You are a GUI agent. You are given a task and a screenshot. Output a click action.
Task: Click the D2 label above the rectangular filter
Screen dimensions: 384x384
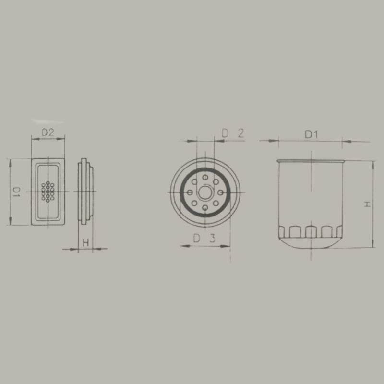(48, 132)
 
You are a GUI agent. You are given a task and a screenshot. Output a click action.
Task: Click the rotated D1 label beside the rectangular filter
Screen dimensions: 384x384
(16, 192)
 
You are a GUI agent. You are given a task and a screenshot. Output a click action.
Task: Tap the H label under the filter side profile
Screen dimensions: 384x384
(86, 243)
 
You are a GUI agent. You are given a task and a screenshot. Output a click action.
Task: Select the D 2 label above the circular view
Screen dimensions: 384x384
(233, 133)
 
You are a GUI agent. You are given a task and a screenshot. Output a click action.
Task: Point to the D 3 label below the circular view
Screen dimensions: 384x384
(204, 238)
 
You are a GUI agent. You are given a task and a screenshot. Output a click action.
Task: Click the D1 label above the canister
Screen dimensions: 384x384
(311, 134)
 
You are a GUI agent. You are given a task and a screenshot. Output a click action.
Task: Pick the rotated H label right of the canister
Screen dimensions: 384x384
(367, 204)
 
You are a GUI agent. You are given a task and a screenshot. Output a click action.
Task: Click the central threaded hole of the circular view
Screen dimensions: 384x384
(205, 192)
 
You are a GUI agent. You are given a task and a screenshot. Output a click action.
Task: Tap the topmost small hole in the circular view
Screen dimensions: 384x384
(205, 177)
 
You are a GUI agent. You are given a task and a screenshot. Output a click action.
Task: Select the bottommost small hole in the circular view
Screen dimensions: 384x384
(205, 208)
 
